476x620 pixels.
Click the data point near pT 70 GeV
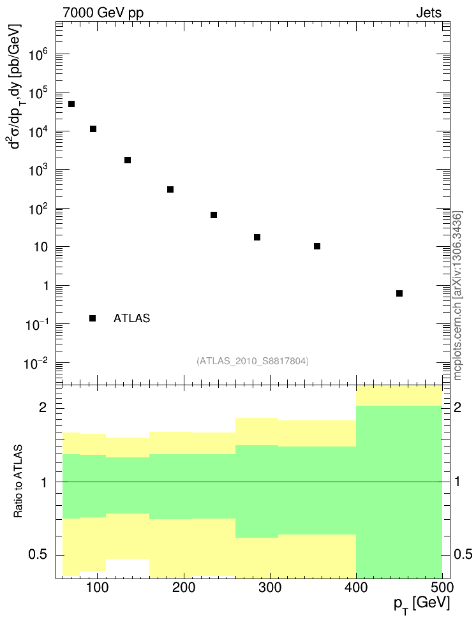click(x=71, y=104)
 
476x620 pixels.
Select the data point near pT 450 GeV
click(x=399, y=293)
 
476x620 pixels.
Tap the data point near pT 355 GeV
click(x=317, y=246)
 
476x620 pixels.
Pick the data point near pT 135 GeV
click(x=128, y=160)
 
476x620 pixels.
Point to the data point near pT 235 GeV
click(x=214, y=215)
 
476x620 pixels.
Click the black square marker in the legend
click(x=93, y=318)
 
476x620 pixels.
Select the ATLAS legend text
click(x=131, y=318)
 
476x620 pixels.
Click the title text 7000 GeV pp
click(x=103, y=12)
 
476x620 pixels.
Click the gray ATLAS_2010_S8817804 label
click(x=253, y=361)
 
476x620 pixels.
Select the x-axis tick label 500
click(x=441, y=587)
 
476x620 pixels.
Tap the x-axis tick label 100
click(x=97, y=587)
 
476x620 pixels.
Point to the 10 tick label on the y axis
click(x=42, y=247)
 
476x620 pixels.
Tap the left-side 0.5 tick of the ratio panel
click(x=40, y=554)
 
